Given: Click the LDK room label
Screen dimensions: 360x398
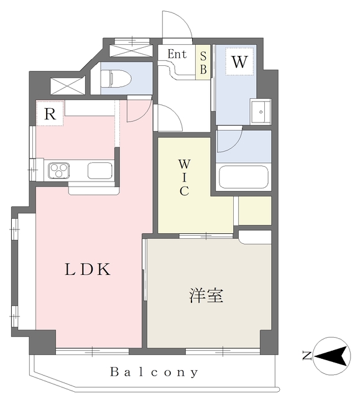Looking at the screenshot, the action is [x=88, y=269].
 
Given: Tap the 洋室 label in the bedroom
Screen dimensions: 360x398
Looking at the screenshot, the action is [x=206, y=295].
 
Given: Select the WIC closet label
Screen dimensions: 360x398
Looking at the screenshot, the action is [x=184, y=177].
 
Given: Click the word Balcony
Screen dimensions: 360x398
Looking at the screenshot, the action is [x=154, y=373].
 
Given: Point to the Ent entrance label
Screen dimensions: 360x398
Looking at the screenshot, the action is [x=177, y=54].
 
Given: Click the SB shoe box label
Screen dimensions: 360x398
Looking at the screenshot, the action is [x=203, y=63].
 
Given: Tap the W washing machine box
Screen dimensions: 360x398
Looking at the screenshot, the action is [x=239, y=62].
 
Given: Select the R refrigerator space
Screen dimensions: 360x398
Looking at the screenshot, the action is [x=50, y=113].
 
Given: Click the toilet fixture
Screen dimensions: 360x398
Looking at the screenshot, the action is [x=116, y=79].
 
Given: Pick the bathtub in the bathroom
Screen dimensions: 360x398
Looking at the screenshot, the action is [x=244, y=177].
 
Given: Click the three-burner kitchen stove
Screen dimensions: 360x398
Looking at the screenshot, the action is [x=59, y=170].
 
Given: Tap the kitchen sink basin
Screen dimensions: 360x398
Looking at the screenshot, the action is [x=100, y=170].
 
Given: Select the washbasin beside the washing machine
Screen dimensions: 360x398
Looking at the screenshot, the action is [x=261, y=111].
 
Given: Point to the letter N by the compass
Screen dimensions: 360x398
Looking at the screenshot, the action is [x=307, y=355].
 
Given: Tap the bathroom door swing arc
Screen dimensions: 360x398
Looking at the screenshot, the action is [x=229, y=139].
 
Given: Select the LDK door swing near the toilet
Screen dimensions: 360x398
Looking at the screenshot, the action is [x=139, y=109].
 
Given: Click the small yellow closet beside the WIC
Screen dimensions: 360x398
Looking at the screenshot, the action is [x=255, y=211].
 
